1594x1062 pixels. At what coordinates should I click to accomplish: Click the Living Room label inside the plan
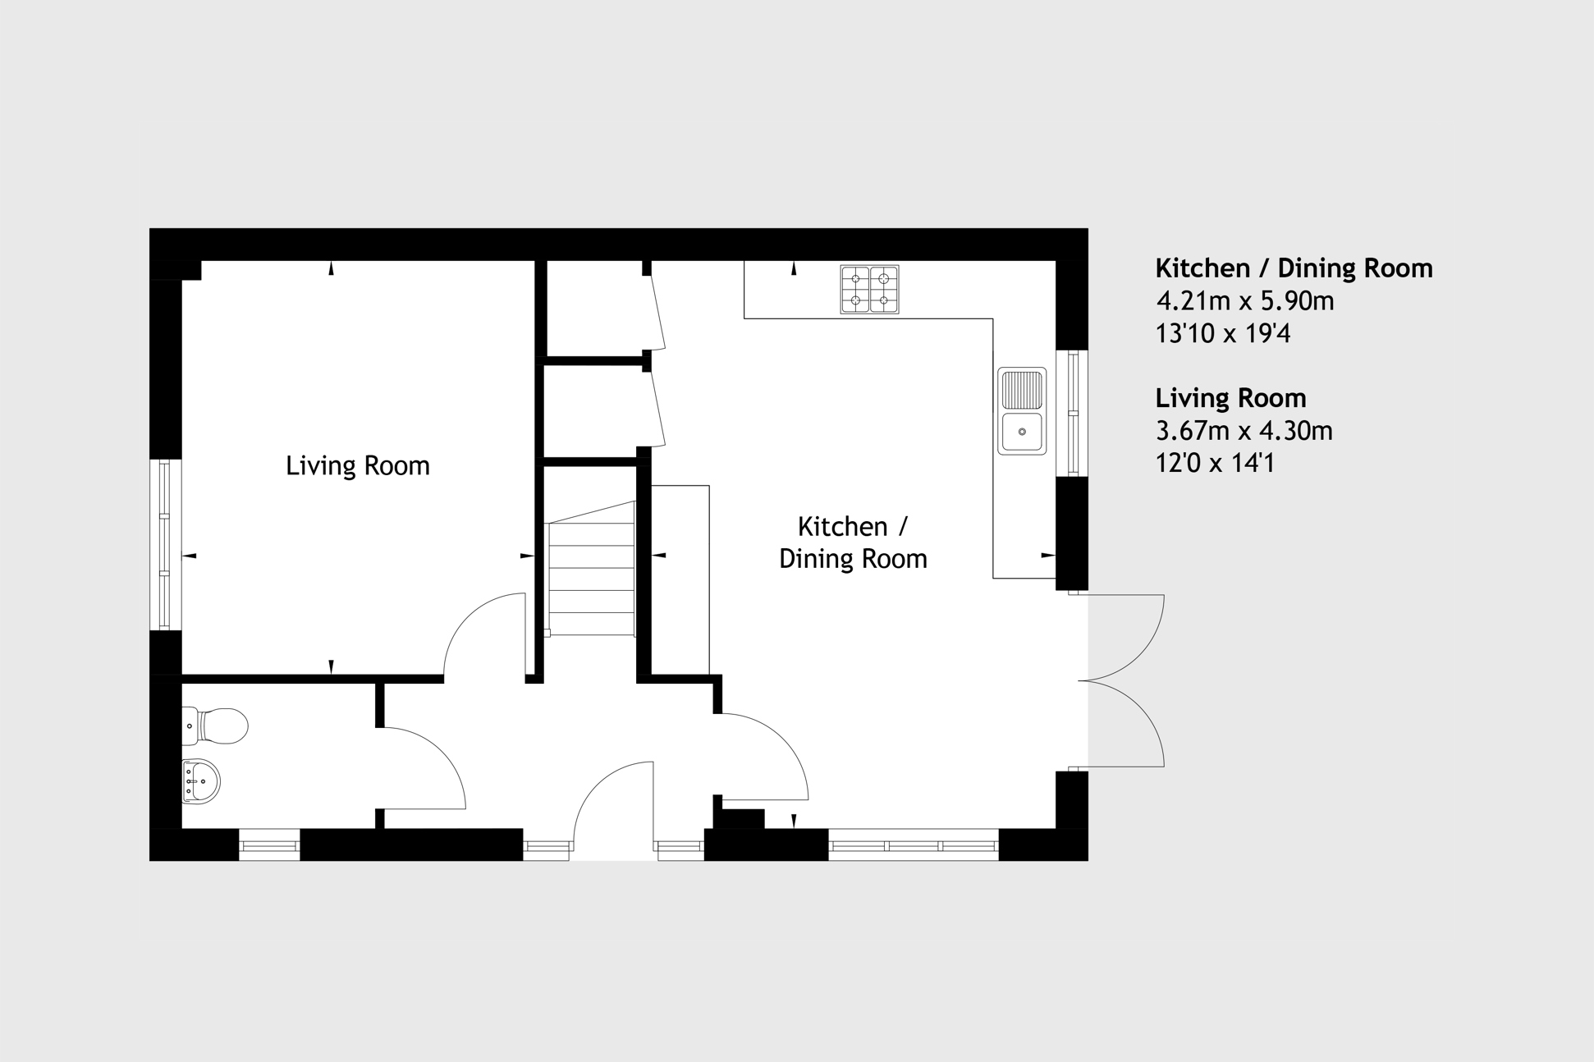point(358,465)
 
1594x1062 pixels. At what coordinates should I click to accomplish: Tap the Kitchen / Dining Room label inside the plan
point(853,542)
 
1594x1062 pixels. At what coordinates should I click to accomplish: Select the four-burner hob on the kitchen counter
point(869,289)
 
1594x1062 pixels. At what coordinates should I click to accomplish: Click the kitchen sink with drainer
point(1022,411)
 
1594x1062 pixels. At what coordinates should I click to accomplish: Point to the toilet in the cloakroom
point(215,726)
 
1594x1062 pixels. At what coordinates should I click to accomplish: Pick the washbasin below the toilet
point(200,781)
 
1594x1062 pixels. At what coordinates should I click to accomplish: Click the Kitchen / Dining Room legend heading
point(1294,268)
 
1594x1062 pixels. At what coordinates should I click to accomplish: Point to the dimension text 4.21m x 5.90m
point(1245,301)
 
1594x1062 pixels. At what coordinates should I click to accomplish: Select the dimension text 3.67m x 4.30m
point(1244,431)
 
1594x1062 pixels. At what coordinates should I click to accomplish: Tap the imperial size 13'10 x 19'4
point(1223,334)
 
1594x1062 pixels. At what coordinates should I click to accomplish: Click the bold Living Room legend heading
point(1230,398)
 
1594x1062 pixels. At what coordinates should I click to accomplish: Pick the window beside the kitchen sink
point(1073,413)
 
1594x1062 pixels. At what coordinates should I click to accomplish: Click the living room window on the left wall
point(165,544)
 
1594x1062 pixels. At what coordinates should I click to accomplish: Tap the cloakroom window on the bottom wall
point(269,845)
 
